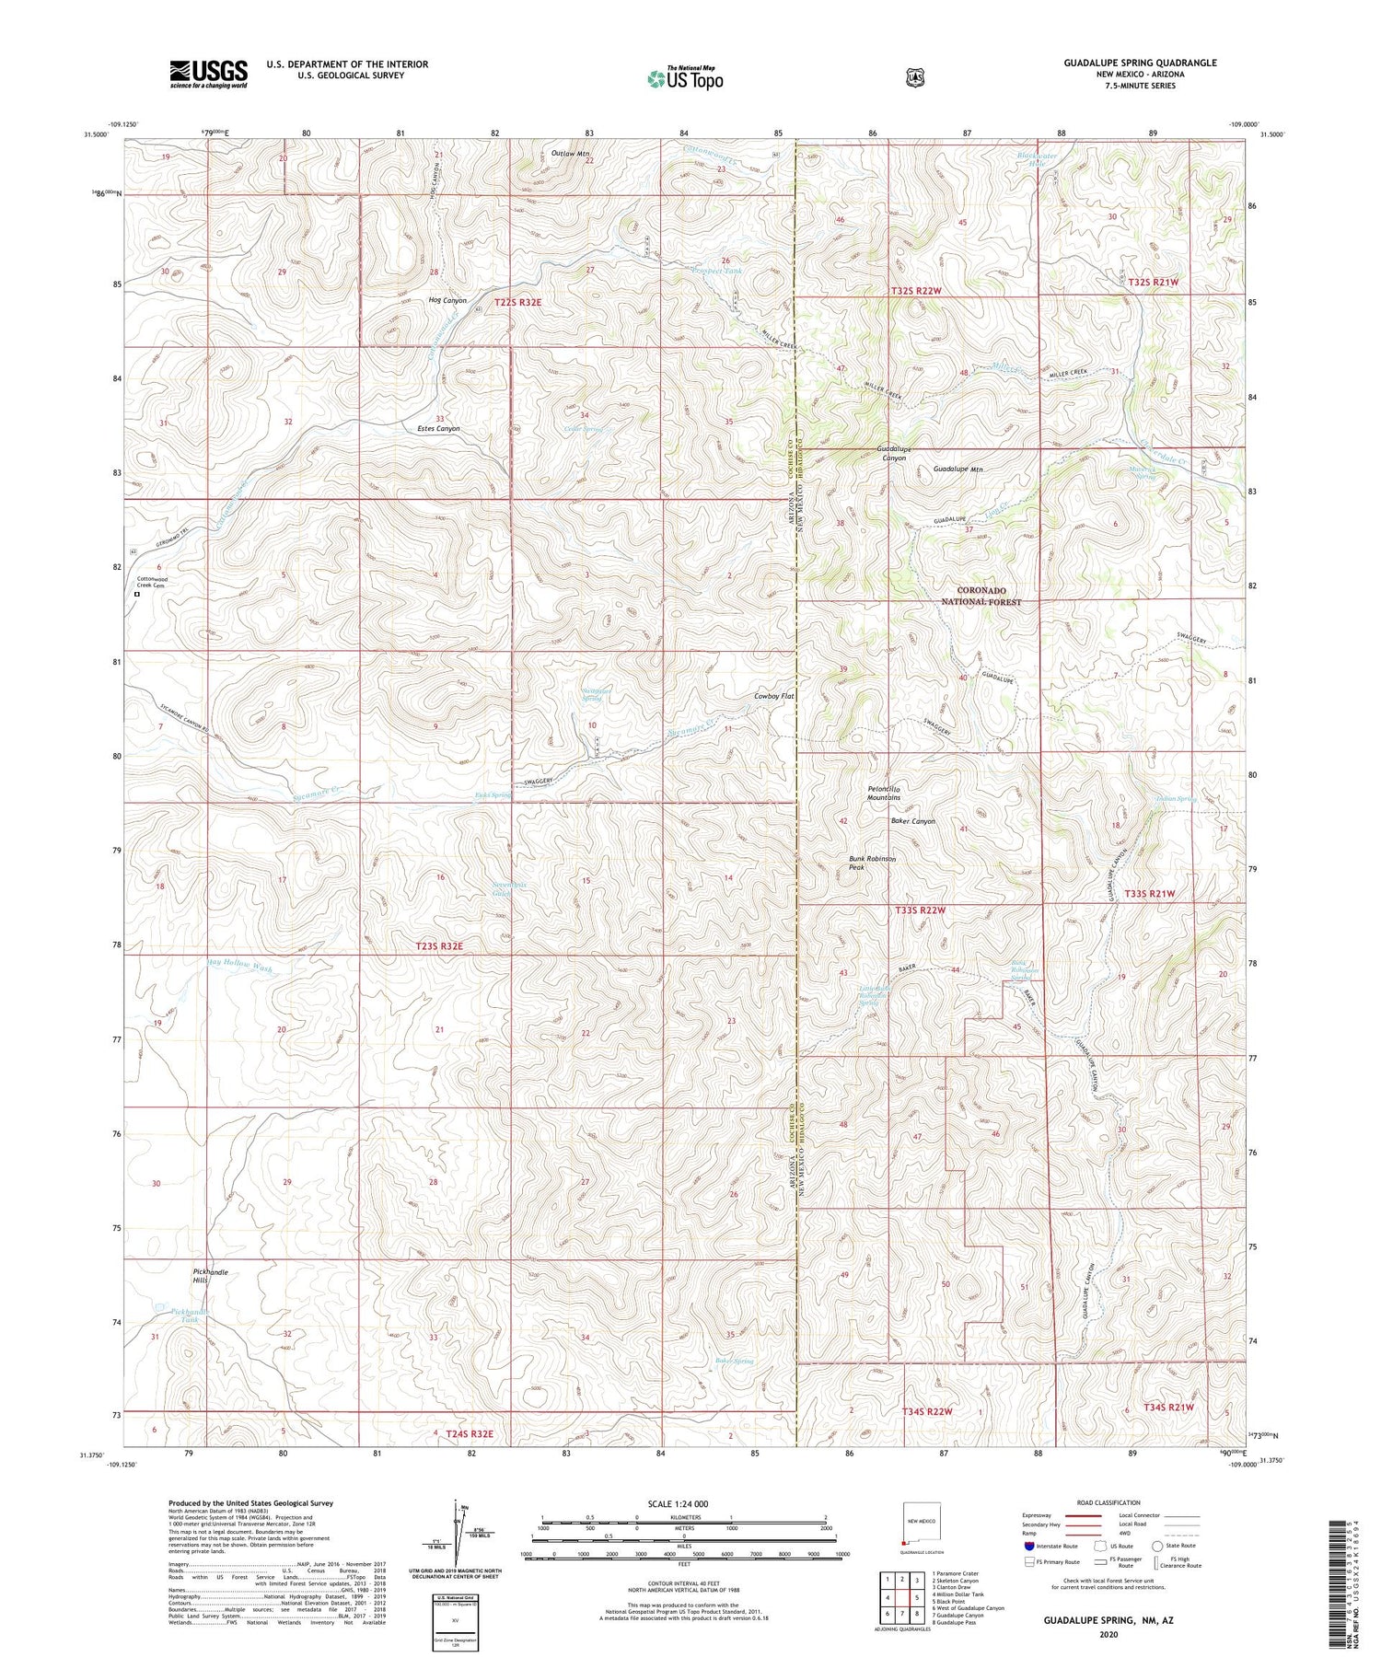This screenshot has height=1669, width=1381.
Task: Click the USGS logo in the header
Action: pos(208,74)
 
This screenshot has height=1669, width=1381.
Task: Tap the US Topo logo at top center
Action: pos(685,78)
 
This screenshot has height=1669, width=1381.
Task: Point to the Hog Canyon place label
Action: pos(447,301)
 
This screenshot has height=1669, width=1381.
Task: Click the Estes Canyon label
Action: pos(438,429)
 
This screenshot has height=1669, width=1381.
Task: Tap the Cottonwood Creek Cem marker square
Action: pos(137,595)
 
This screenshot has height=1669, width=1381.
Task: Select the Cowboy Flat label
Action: pos(772,697)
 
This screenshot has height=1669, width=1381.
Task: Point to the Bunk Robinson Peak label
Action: pos(872,863)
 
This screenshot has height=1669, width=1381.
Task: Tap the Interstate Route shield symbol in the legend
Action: pos(1030,1547)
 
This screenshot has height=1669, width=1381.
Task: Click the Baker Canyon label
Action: pos(912,821)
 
